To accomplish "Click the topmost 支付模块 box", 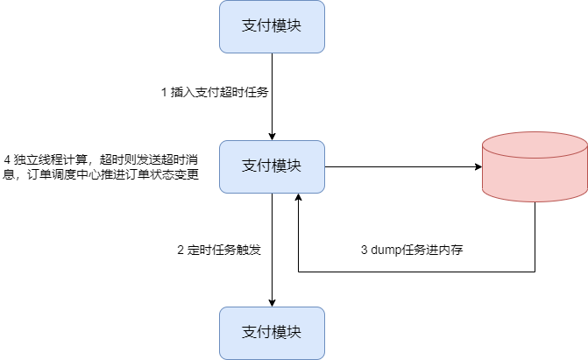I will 272,26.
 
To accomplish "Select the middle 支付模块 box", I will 272,166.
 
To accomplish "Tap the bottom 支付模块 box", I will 272,333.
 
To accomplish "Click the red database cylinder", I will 535,171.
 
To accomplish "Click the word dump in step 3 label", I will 388,249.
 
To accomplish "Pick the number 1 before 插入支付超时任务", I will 164,92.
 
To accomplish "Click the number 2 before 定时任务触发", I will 181,249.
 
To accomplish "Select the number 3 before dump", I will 365,249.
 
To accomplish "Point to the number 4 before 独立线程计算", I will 8,159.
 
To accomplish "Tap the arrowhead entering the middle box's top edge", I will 272,135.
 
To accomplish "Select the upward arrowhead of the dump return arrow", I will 300,199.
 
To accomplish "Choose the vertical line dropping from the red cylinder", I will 535,236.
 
